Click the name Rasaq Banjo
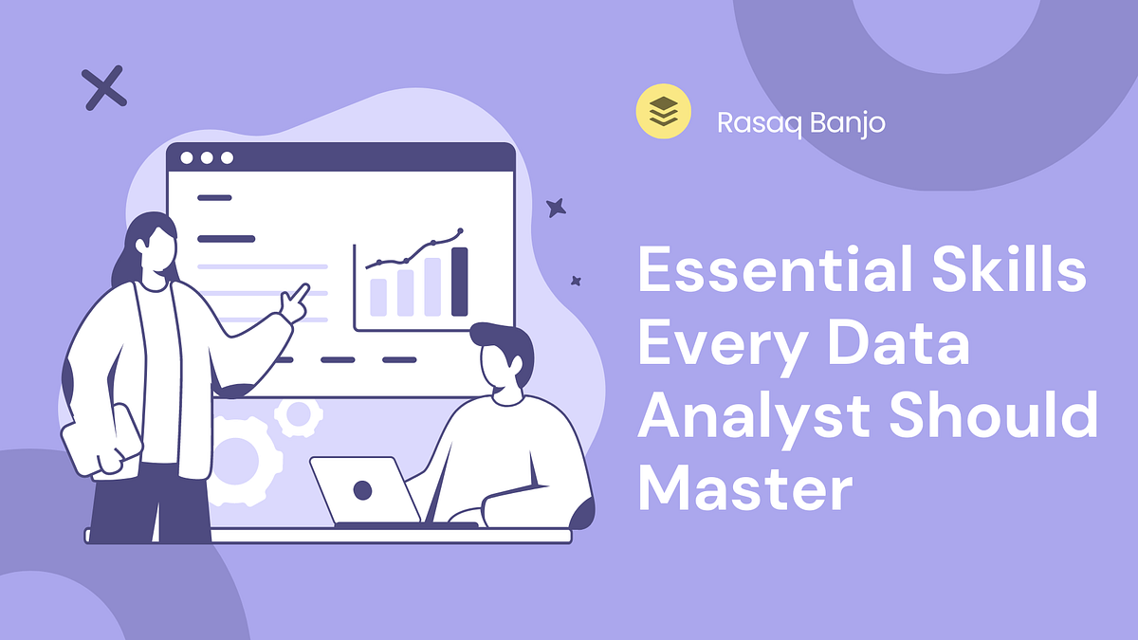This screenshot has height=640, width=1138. tap(800, 122)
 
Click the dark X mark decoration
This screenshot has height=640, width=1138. tap(104, 89)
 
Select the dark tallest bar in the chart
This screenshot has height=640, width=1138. tap(460, 282)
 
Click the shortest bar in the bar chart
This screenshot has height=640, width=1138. tap(377, 297)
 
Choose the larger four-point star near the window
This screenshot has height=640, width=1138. tap(557, 208)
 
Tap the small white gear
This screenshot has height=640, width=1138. tap(299, 413)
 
